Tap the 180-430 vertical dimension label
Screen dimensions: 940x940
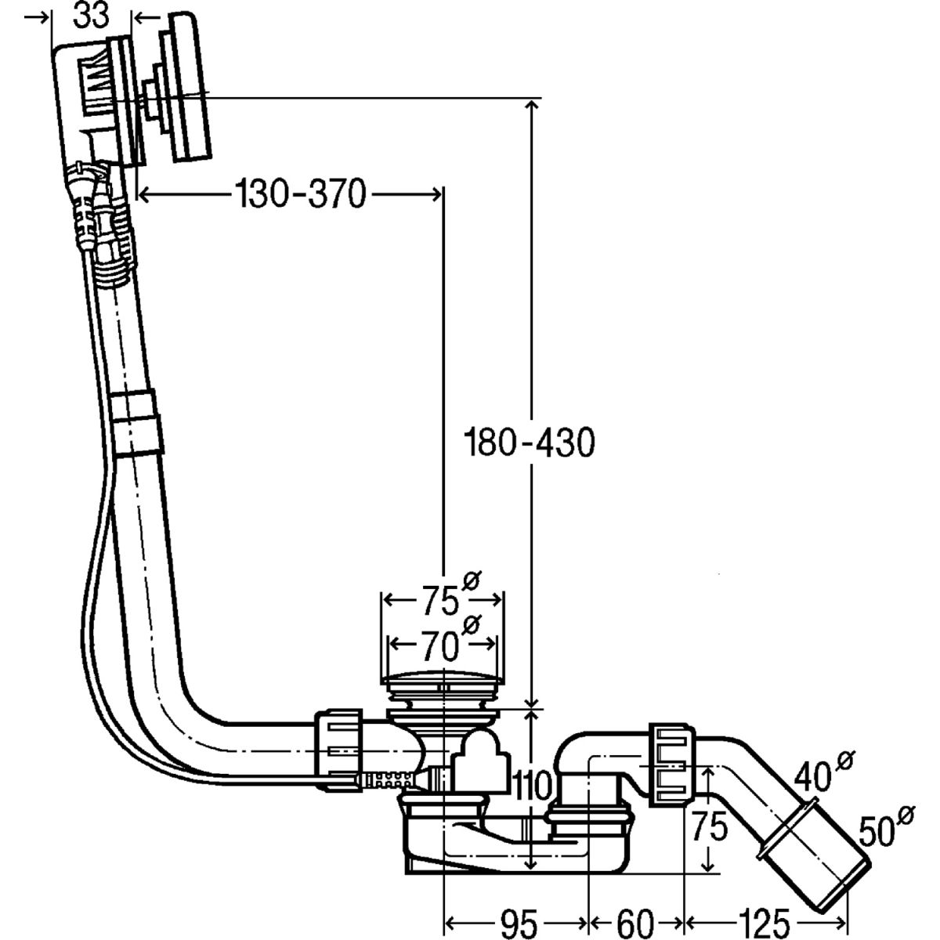click(x=529, y=444)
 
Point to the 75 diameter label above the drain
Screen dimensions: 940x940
click(x=439, y=602)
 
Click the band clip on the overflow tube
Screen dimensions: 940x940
click(x=137, y=423)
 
